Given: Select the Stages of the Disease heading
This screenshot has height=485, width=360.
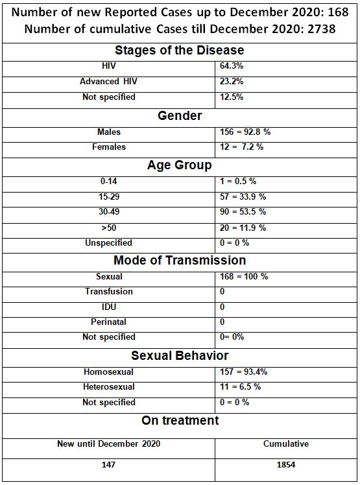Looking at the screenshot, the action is (x=180, y=50).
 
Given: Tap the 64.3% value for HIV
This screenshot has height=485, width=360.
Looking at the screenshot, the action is (x=232, y=66).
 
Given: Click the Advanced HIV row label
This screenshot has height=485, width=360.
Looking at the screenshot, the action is (x=109, y=81).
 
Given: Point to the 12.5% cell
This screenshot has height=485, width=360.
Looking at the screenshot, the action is (x=232, y=97).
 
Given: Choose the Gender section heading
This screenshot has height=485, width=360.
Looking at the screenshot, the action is (x=180, y=115).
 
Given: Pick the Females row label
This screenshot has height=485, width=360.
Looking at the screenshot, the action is (x=109, y=147).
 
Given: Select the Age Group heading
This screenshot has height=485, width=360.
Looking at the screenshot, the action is (x=180, y=165).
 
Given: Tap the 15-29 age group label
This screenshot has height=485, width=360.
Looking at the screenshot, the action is (x=109, y=196).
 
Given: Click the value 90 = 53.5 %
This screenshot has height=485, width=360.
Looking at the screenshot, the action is (x=243, y=211).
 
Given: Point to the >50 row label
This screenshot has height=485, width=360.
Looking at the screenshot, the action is (x=109, y=228).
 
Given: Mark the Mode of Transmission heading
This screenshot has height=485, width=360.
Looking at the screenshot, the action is (x=180, y=260).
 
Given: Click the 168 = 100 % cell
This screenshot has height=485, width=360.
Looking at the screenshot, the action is (x=244, y=276).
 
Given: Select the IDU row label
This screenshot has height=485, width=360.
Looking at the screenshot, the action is (x=109, y=307).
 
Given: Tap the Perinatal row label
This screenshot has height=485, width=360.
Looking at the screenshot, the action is (x=109, y=322).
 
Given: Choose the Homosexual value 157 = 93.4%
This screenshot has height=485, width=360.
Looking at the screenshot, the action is (x=244, y=372).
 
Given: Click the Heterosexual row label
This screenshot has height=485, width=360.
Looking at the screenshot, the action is (x=109, y=386).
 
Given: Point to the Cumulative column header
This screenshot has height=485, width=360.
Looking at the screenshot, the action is (x=286, y=444).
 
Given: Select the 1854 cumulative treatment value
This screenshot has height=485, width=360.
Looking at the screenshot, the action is (x=286, y=465).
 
